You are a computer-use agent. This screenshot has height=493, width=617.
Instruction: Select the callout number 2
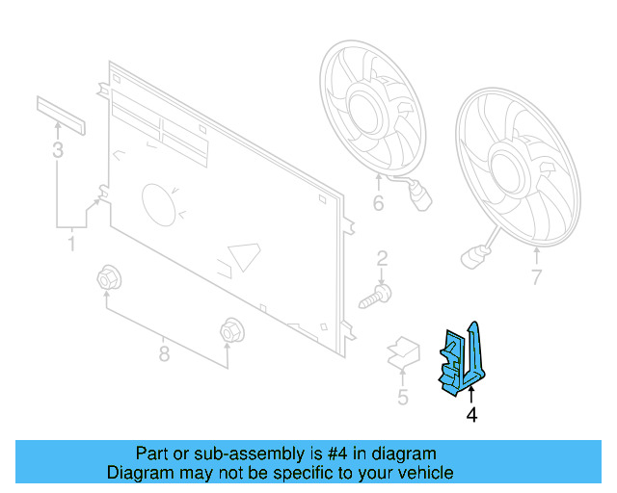click(x=382, y=258)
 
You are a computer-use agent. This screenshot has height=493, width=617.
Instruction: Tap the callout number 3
click(x=58, y=149)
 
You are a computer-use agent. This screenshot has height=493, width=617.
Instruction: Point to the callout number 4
click(x=471, y=415)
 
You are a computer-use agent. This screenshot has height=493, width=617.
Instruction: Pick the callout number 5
click(x=402, y=397)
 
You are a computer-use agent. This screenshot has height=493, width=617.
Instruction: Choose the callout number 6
click(x=378, y=203)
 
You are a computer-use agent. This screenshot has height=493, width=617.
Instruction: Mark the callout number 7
click(x=537, y=279)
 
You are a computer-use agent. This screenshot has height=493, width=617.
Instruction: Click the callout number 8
click(x=164, y=353)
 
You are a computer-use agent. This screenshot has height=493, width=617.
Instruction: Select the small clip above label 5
click(x=403, y=352)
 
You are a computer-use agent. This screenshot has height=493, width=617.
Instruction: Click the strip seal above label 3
click(x=62, y=115)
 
